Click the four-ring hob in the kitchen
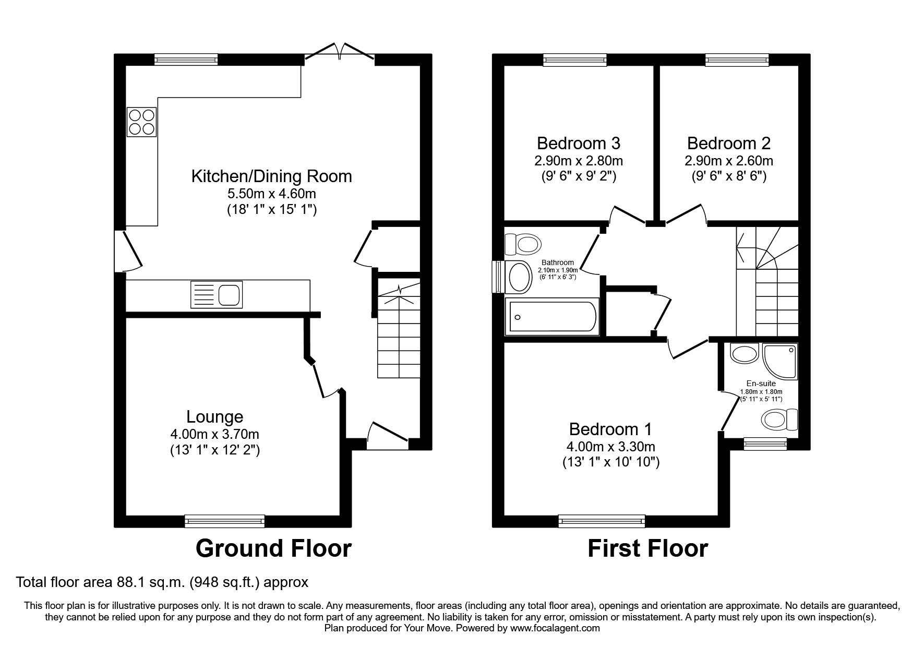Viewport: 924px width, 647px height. pos(141,122)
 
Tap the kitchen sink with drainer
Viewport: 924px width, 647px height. pos(217,294)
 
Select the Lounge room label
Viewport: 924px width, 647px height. pos(215,416)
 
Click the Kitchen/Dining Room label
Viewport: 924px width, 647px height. pos(271,176)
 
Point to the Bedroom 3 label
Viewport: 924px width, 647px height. pos(579,143)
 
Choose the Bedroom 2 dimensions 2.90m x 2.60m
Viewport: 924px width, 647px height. pos(729,161)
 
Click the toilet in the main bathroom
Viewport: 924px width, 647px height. pos(523,243)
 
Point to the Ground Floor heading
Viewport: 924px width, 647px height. pos(273,548)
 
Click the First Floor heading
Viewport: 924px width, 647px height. pos(647,548)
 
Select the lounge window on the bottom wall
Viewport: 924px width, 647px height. pos(225,521)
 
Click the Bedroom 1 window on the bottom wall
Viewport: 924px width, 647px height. pos(602,521)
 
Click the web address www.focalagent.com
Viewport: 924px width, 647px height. pos(555,628)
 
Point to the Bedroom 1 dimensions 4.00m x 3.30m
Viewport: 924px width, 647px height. pos(610,447)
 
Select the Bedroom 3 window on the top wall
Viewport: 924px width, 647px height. pos(575,60)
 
